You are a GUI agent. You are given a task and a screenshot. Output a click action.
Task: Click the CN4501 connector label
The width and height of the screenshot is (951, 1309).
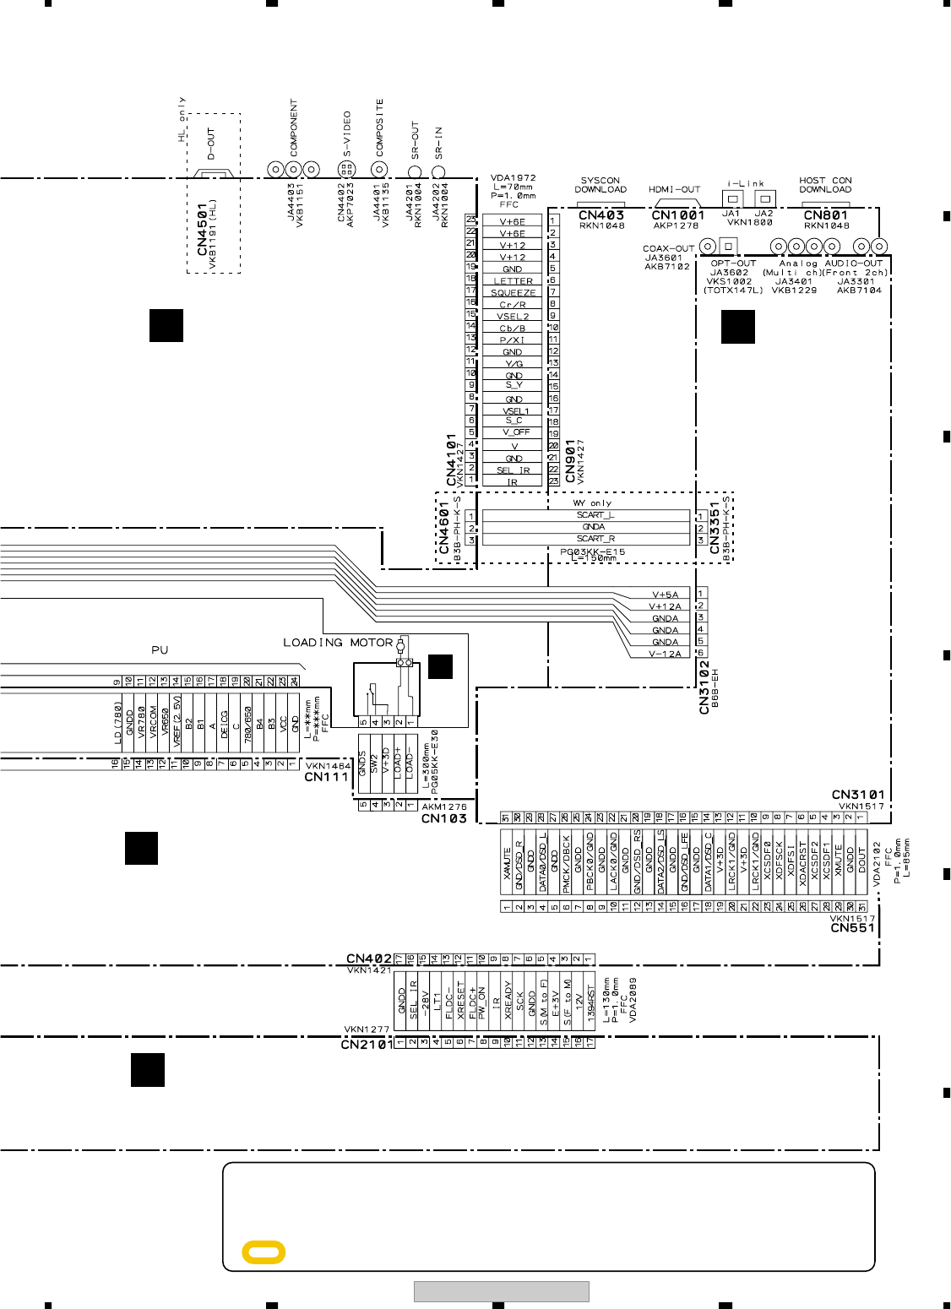pyautogui.click(x=202, y=229)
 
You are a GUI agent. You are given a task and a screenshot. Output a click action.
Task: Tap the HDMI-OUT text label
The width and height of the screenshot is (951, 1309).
pyautogui.click(x=674, y=190)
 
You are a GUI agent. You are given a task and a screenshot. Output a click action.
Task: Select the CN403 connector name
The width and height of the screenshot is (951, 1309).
pyautogui.click(x=601, y=215)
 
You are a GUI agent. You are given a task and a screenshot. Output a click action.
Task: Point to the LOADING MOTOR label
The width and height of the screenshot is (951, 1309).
pyautogui.click(x=338, y=643)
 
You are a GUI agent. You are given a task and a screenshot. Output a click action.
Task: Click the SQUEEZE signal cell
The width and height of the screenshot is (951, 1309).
pyautogui.click(x=513, y=293)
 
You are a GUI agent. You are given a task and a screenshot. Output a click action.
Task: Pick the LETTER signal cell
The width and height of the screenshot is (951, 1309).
pyautogui.click(x=513, y=281)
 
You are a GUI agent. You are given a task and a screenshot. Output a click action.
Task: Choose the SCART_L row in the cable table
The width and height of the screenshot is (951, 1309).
pyautogui.click(x=595, y=515)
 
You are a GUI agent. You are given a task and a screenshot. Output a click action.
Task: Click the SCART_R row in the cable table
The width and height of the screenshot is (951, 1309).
pyautogui.click(x=595, y=539)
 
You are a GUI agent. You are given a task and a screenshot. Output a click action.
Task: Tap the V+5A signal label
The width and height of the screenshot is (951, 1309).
pyautogui.click(x=665, y=595)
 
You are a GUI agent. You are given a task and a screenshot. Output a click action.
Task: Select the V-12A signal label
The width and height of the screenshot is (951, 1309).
pyautogui.click(x=665, y=654)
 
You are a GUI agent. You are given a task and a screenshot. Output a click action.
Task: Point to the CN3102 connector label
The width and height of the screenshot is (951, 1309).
pyautogui.click(x=704, y=687)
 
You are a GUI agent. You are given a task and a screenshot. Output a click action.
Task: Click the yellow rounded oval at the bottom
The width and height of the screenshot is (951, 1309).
pyautogui.click(x=264, y=1252)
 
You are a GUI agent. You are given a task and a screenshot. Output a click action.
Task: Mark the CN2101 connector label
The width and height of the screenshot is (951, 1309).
pyautogui.click(x=367, y=1045)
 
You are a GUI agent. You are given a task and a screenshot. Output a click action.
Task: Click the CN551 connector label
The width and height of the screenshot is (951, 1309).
pyautogui.click(x=851, y=928)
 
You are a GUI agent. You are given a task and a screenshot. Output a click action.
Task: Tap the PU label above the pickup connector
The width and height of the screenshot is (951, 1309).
pyautogui.click(x=160, y=650)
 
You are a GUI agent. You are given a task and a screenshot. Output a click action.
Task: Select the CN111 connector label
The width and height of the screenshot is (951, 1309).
pyautogui.click(x=326, y=777)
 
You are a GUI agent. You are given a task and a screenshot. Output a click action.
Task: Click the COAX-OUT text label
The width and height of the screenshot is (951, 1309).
pyautogui.click(x=668, y=249)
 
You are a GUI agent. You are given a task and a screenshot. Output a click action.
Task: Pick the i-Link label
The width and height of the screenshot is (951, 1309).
pyautogui.click(x=746, y=183)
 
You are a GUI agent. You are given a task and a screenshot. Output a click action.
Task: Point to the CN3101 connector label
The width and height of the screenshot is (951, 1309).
pyautogui.click(x=858, y=795)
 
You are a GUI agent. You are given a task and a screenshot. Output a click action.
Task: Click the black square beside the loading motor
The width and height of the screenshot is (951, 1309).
pyautogui.click(x=440, y=666)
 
